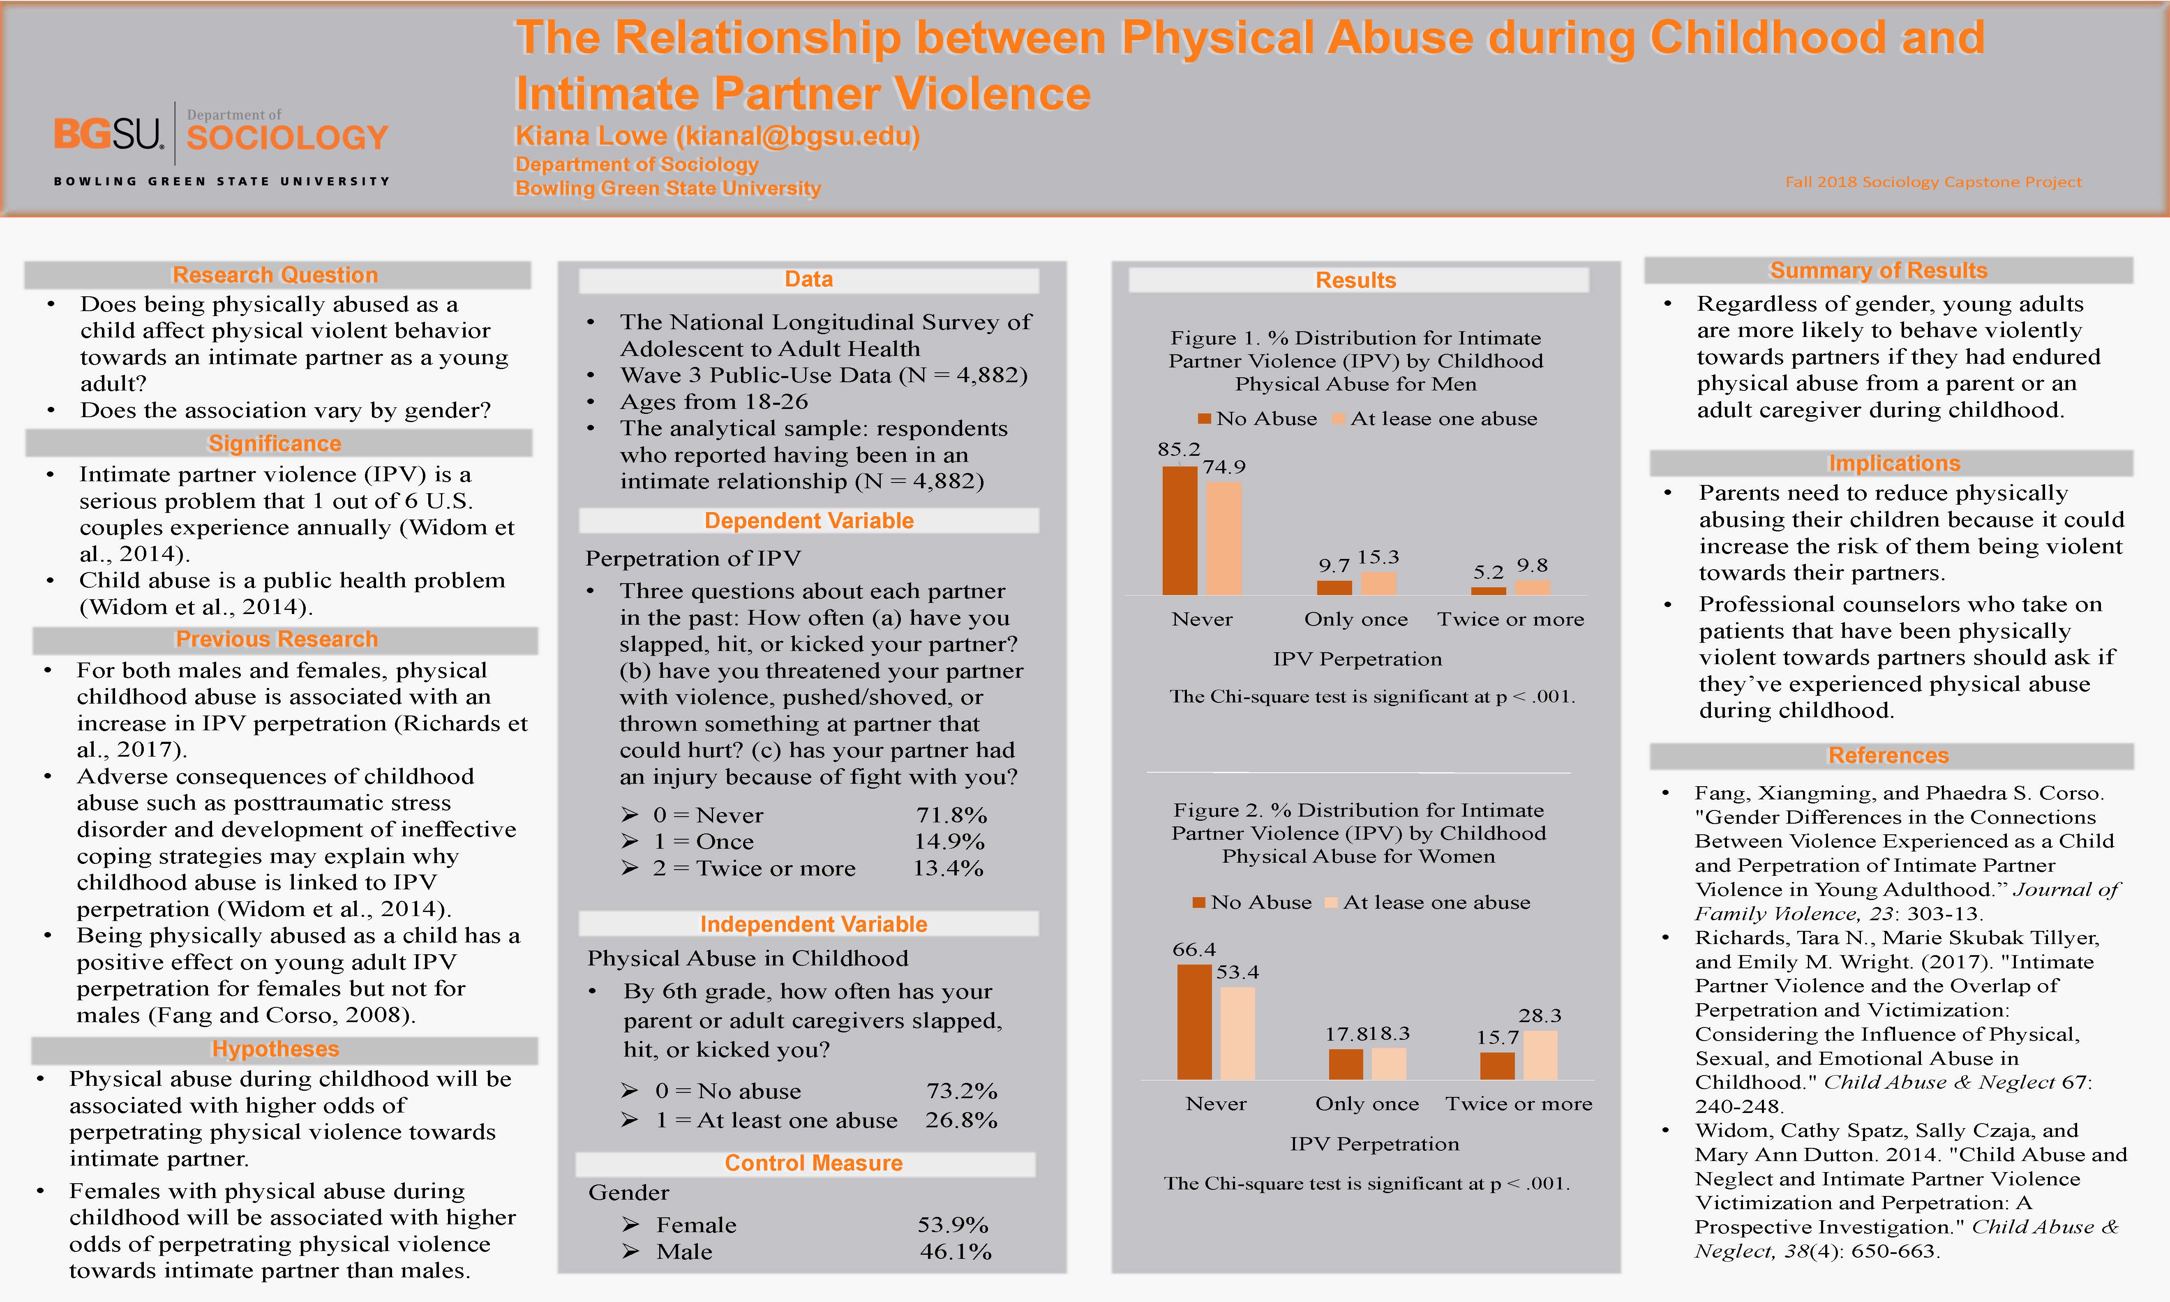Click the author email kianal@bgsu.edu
[x=796, y=136]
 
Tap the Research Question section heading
[x=275, y=275]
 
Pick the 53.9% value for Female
[x=953, y=1225]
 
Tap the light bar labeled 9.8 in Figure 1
[x=1532, y=587]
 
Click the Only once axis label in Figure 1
[x=1356, y=619]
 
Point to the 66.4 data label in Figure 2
[x=1194, y=949]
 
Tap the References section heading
[x=1888, y=755]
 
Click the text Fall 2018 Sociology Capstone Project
[x=1933, y=182]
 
